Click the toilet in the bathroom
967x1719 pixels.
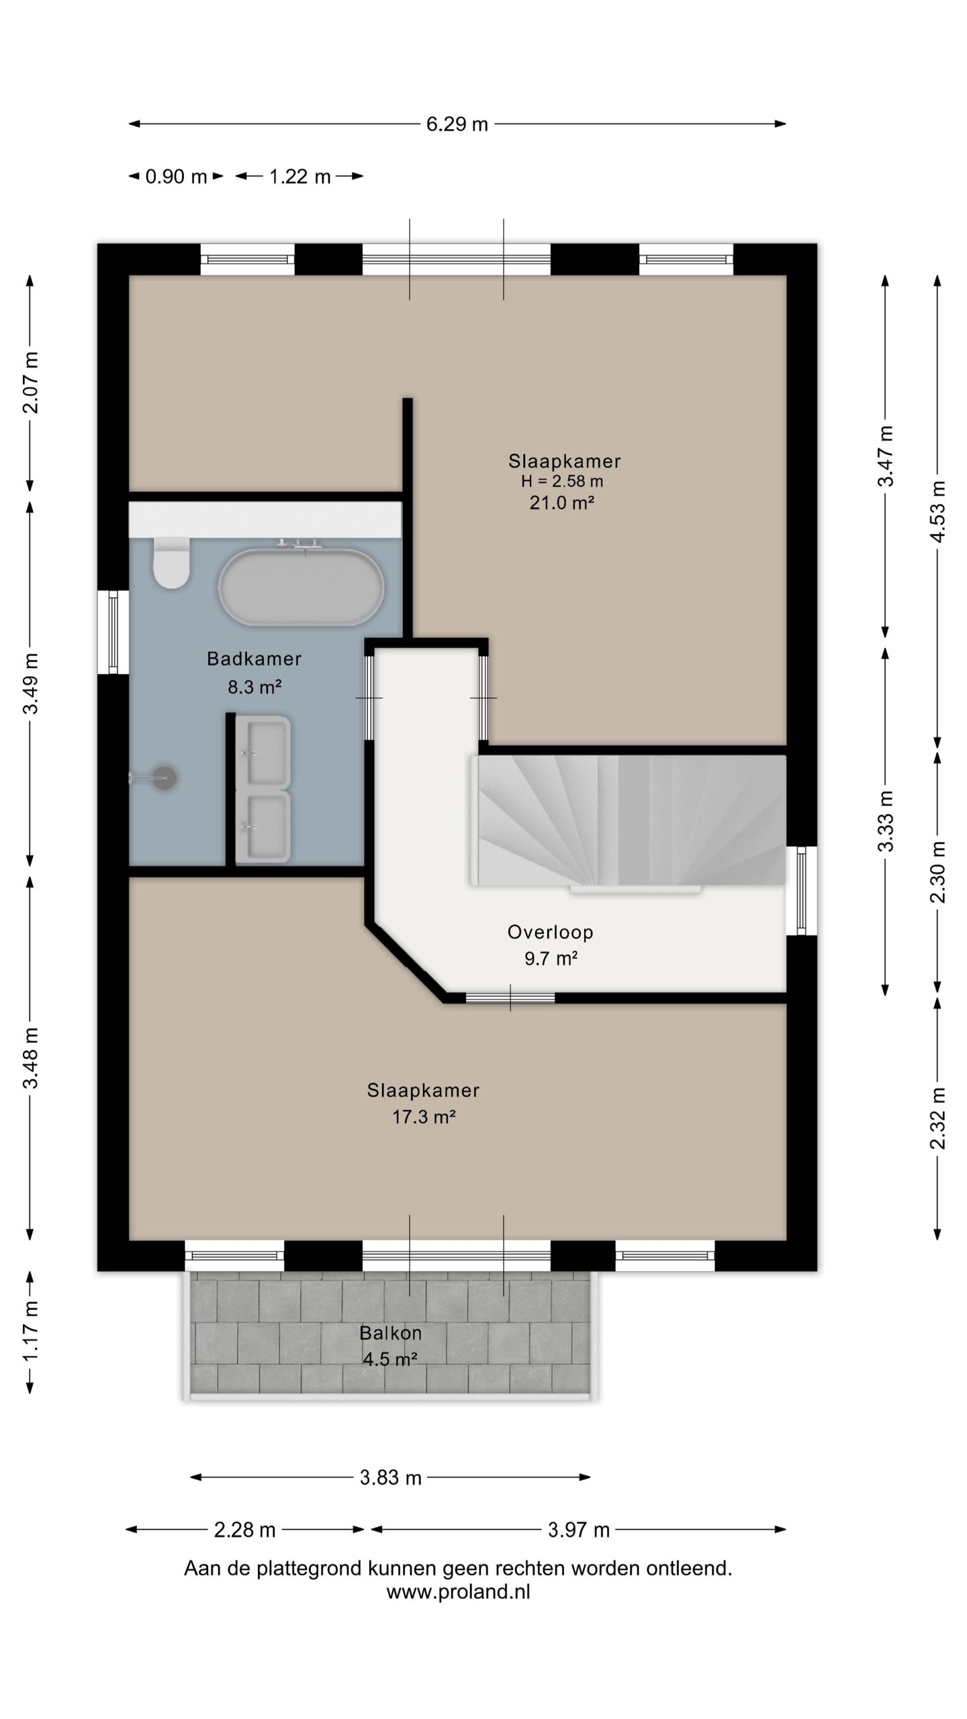tap(171, 562)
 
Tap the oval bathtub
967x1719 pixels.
tap(301, 588)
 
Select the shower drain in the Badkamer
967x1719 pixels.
tap(164, 778)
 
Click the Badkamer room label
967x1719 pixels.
tap(254, 659)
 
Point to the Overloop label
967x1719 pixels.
tap(551, 932)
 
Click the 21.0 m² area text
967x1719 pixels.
tap(561, 502)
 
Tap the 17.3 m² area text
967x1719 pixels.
tap(424, 1117)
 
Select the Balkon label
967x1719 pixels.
tap(390, 1333)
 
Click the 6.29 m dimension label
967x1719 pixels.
tap(457, 124)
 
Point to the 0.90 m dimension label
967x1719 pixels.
tap(176, 177)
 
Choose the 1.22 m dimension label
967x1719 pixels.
tap(300, 177)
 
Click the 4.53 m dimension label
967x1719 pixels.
tap(938, 512)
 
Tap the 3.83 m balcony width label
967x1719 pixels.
tap(390, 1477)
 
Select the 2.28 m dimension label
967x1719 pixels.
tap(244, 1530)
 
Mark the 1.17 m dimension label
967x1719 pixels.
tap(30, 1332)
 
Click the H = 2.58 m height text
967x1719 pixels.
tap(562, 481)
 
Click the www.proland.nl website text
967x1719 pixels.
tap(458, 1592)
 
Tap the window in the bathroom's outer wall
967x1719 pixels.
tap(113, 632)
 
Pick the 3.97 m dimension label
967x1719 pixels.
tap(578, 1530)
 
